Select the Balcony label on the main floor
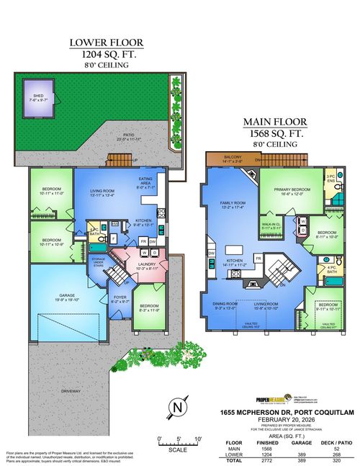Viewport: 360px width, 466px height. [x=231, y=160]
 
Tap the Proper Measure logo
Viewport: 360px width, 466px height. [x=275, y=398]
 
